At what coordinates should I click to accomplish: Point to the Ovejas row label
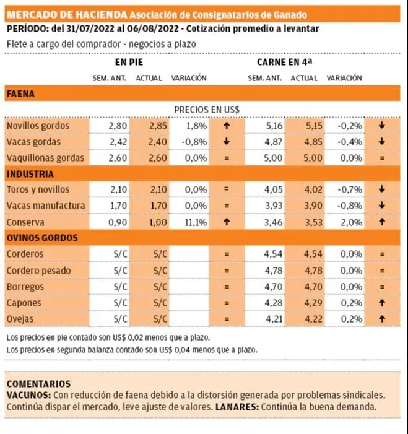(x=20, y=319)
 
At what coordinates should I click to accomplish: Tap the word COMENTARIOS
(x=38, y=384)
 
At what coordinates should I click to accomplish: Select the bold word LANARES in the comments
(x=238, y=407)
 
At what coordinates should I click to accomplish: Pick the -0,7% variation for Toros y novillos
(x=348, y=189)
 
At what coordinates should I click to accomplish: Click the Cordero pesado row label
(x=38, y=271)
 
